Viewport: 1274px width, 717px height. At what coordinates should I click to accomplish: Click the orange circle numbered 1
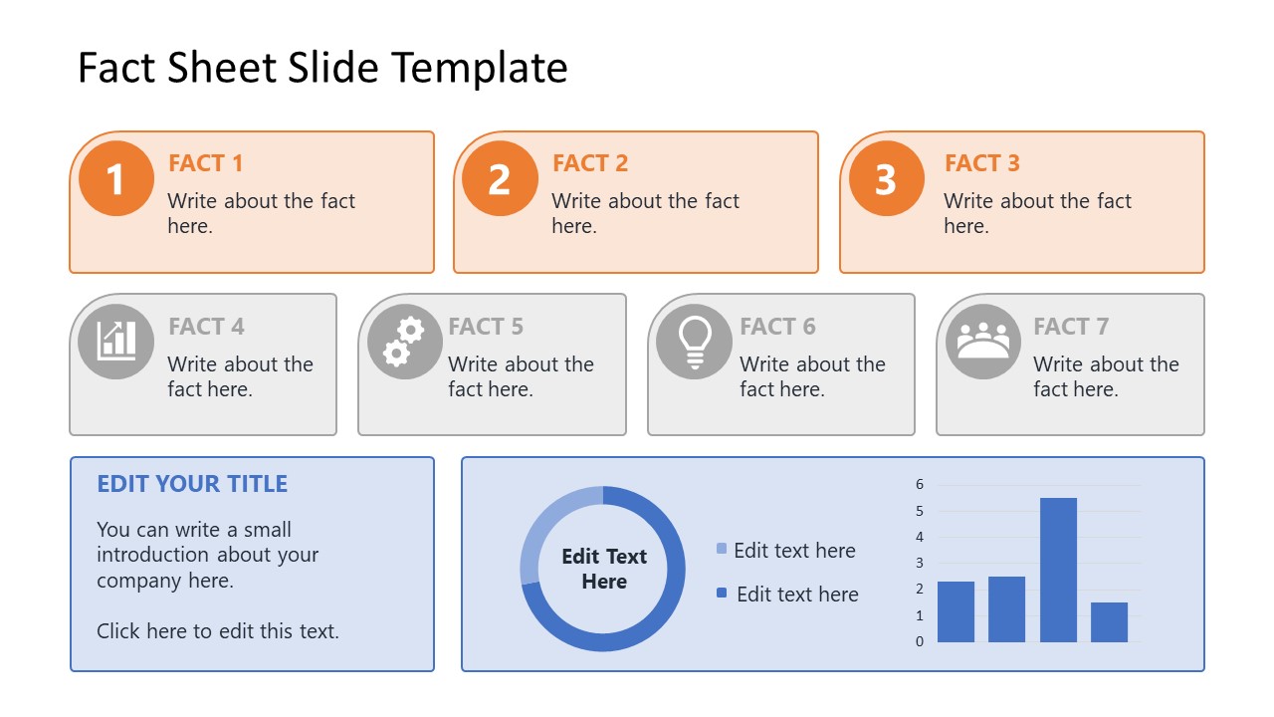(x=116, y=179)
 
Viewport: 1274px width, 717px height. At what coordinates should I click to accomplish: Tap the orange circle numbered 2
(x=500, y=179)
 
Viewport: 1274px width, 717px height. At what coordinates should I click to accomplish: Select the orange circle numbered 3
(x=885, y=179)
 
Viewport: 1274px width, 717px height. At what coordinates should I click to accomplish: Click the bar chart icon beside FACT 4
(x=116, y=342)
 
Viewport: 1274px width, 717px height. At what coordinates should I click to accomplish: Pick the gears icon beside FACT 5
(x=404, y=342)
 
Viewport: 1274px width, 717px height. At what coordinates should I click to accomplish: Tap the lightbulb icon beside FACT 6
(x=694, y=342)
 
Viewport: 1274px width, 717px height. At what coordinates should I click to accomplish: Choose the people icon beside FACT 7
(x=983, y=342)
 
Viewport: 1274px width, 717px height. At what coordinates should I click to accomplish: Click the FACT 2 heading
(x=590, y=163)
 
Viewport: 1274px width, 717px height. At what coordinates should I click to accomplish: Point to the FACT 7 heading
(x=1070, y=327)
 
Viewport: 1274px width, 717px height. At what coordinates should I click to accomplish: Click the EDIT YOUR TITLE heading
(x=192, y=484)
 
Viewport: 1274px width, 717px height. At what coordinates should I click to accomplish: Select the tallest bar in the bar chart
(x=1058, y=570)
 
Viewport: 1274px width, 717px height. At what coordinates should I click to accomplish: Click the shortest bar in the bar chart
(x=1109, y=622)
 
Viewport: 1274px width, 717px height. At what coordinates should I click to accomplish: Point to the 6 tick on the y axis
(x=920, y=485)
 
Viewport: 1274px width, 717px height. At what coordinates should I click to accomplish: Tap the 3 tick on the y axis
(x=920, y=564)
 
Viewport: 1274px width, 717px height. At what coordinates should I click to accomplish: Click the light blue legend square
(x=722, y=549)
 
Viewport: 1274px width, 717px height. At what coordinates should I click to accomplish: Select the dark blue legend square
(x=722, y=594)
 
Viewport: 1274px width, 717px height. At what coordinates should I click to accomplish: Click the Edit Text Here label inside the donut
(x=604, y=569)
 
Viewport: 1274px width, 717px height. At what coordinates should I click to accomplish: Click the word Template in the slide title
(x=480, y=68)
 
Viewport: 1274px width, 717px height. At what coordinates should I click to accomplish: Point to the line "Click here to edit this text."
(x=218, y=630)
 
